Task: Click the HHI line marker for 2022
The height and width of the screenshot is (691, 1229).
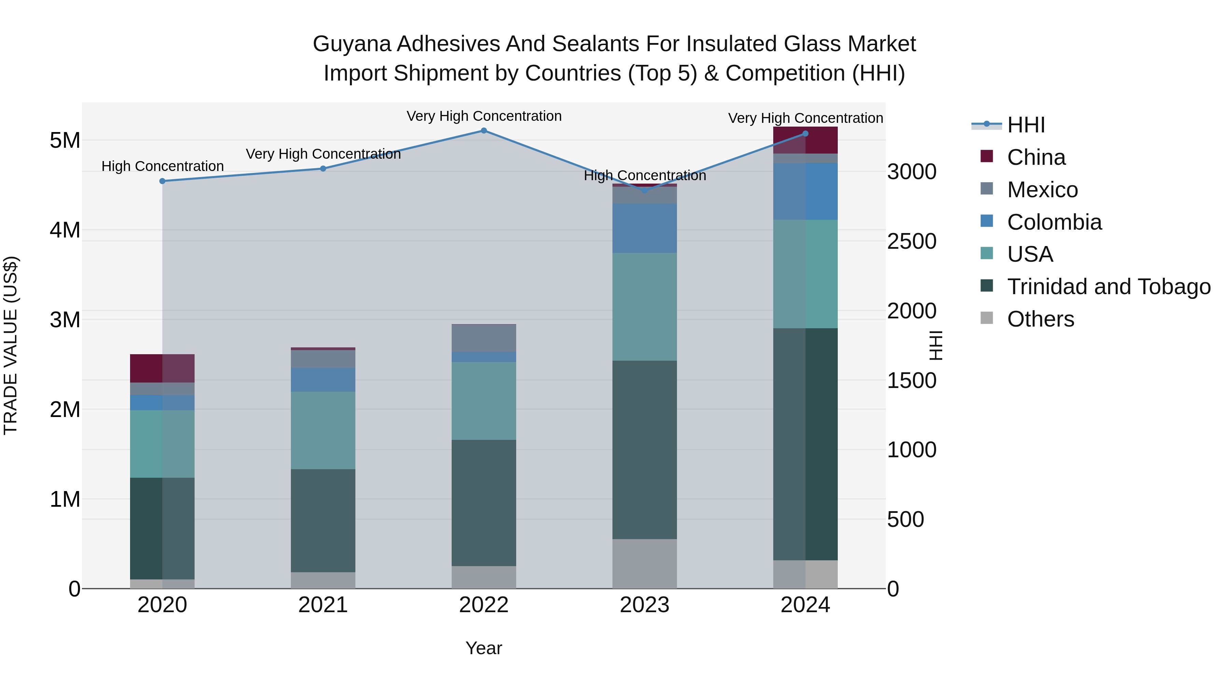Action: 484,131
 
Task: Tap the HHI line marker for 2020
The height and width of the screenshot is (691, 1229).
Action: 162,181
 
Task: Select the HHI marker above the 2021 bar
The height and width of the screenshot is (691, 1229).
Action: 323,168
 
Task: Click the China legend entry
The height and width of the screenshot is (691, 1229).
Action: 1036,157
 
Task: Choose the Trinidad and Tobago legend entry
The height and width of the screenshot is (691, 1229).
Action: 1108,287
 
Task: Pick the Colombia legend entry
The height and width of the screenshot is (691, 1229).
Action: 1054,222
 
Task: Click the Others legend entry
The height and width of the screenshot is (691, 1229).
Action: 1040,319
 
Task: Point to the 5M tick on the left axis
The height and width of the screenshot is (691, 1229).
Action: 65,141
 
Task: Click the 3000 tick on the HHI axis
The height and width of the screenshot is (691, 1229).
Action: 911,172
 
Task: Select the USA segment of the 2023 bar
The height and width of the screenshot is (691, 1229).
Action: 645,307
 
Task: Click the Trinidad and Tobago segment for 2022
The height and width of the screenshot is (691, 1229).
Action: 484,503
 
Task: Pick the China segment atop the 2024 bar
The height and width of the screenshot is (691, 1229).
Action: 805,140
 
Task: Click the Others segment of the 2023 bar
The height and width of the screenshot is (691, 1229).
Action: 645,564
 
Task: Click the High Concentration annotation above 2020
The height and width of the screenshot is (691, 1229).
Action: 162,167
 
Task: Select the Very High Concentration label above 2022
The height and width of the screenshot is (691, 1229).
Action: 484,116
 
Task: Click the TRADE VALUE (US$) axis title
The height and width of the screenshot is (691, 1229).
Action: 11,345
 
